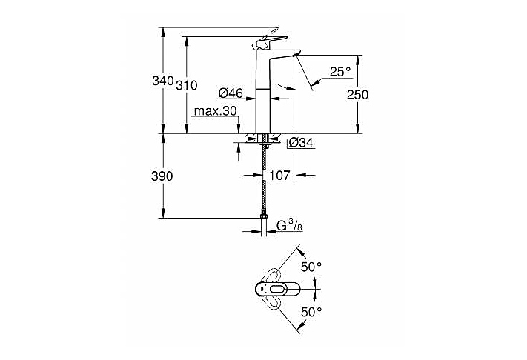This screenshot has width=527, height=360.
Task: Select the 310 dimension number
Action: [x=187, y=85]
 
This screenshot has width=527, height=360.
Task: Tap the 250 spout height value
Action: [x=357, y=94]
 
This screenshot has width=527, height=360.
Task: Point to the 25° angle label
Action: [x=339, y=71]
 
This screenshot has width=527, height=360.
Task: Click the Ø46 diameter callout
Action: [x=231, y=93]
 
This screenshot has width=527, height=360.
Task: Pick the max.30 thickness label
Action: [x=214, y=111]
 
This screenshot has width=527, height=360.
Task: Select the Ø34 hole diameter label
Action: [x=302, y=142]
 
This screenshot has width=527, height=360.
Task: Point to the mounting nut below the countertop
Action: [x=264, y=139]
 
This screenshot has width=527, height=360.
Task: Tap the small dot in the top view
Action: [x=261, y=290]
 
